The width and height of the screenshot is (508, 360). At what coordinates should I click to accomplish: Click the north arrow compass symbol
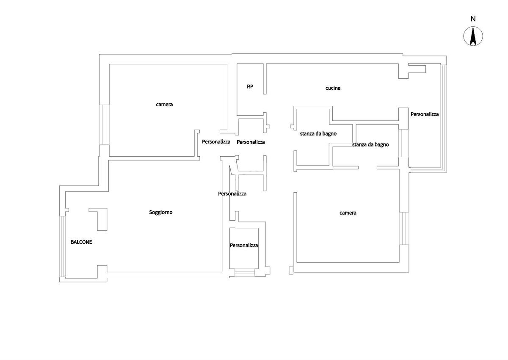473,36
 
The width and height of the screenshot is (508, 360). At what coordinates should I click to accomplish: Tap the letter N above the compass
473,19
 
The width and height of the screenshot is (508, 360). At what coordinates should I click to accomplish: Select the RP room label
250,86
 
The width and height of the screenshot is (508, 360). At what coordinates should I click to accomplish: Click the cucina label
333,88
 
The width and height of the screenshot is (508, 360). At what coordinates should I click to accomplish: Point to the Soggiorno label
161,212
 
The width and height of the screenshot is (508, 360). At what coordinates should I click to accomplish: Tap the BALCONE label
81,242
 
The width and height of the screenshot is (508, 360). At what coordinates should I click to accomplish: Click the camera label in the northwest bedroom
164,104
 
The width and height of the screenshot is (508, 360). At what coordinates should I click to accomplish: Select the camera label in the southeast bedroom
348,213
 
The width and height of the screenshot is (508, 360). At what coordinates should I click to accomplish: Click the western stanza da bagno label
318,133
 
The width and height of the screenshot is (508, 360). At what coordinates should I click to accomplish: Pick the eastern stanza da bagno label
370,144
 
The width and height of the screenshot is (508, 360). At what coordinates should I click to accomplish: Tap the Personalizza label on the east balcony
425,114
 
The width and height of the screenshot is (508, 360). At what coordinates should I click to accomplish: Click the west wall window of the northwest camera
104,125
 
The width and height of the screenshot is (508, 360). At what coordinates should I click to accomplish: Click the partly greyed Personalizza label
232,194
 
